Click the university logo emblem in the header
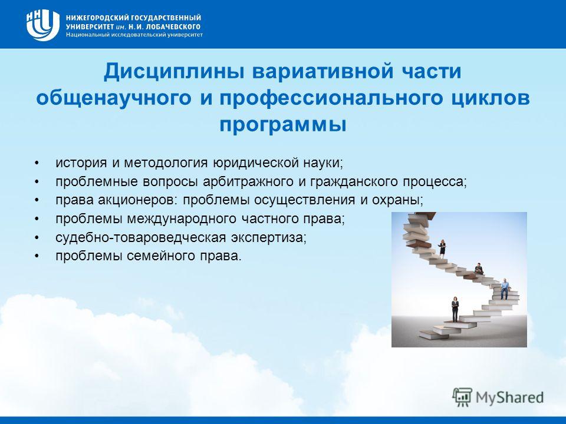(42, 25)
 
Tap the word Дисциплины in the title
(175, 72)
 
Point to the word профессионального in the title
(331, 98)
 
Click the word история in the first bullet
(81, 163)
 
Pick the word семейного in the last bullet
(161, 256)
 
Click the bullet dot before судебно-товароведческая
(36, 238)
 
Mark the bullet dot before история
(36, 163)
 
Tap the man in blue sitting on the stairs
(505, 289)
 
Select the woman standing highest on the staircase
(442, 248)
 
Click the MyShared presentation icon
(462, 397)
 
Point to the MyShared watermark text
(509, 398)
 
